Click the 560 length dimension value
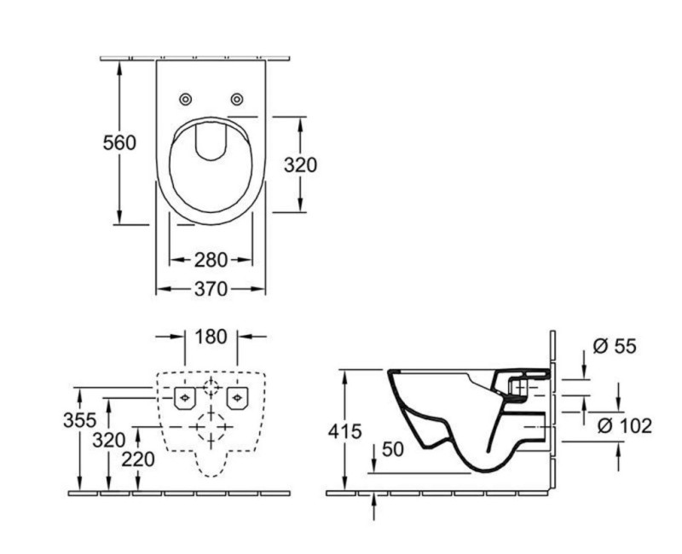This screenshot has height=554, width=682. coord(119,143)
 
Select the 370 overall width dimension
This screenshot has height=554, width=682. coord(210,290)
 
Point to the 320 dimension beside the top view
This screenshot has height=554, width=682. coord(299,164)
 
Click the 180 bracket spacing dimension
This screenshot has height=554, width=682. coord(211,337)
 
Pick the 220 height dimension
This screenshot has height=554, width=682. coord(137,459)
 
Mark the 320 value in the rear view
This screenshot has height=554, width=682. coord(109,440)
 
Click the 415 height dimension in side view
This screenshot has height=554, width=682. coord(344,430)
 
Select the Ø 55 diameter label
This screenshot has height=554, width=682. coord(615,347)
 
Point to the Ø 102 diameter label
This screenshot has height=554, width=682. coord(626,425)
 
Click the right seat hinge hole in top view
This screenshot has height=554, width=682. coord(237,99)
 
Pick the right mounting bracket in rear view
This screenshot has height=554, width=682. coord(237,396)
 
